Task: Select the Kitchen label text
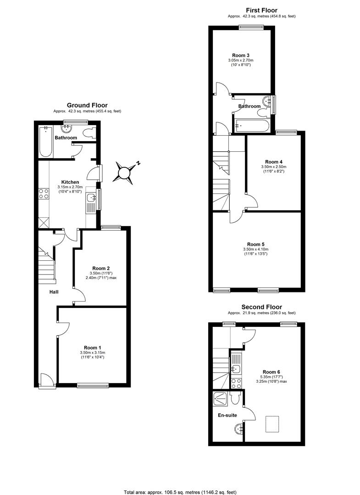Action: click(x=71, y=182)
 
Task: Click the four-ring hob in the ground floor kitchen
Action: click(x=44, y=193)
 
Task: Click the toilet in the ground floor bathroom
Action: click(x=89, y=133)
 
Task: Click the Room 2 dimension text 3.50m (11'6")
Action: click(x=100, y=273)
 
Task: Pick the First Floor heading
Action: click(x=261, y=10)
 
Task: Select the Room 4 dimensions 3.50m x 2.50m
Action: click(x=274, y=167)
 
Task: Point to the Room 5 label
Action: click(x=255, y=244)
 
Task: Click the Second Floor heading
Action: click(x=261, y=307)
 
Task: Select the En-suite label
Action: click(x=227, y=416)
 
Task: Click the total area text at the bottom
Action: click(x=180, y=492)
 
